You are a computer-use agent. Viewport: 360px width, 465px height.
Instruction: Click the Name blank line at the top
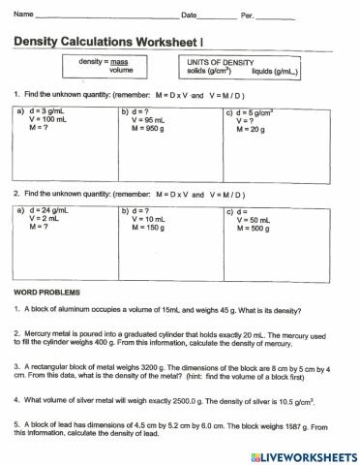pyautogui.click(x=106, y=16)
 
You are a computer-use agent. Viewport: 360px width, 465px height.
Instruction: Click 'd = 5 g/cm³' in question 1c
pyautogui.click(x=255, y=111)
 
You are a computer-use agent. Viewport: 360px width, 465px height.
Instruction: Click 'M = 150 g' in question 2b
pyautogui.click(x=146, y=227)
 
